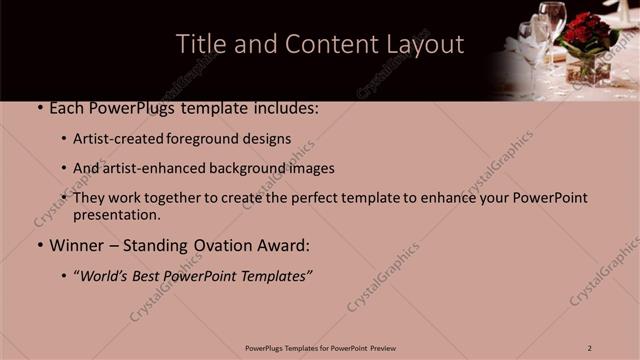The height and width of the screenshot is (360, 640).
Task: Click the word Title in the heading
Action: tap(198, 45)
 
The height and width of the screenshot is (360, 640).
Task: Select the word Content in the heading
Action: tap(329, 45)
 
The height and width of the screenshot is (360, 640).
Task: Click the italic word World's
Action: tap(106, 275)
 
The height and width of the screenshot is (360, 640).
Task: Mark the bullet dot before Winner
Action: tap(38, 244)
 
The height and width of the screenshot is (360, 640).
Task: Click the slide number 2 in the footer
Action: tap(590, 347)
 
